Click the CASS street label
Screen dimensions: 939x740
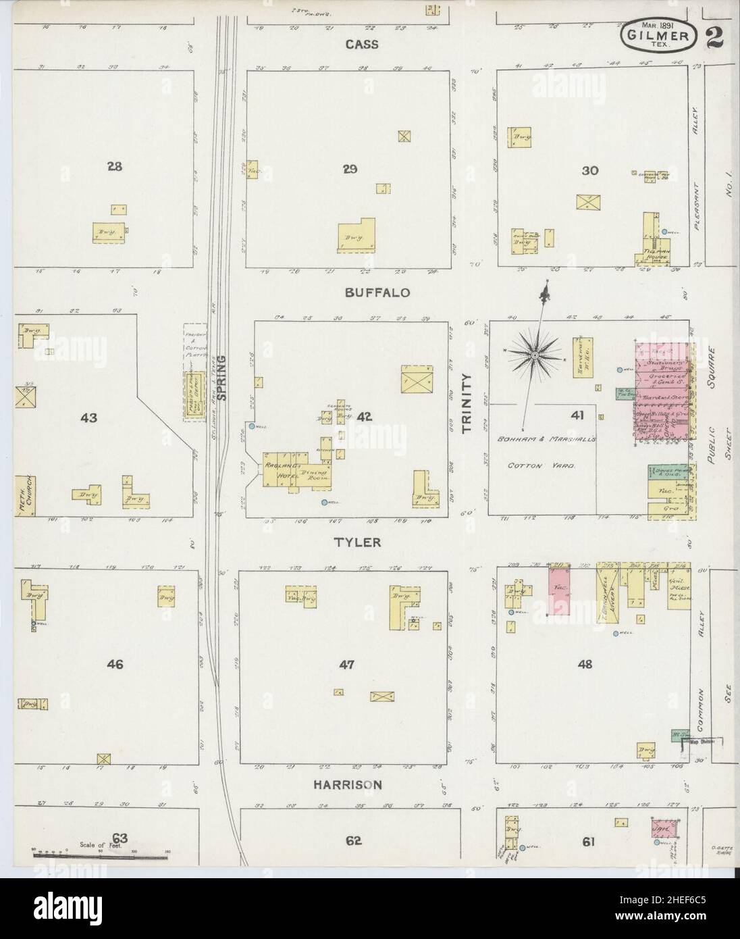pos(362,44)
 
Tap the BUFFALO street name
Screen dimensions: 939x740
pos(377,293)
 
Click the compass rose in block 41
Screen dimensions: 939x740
pos(534,354)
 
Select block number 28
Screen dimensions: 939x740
pos(113,166)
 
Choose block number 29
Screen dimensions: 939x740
pos(349,169)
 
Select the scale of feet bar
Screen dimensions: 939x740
pos(100,857)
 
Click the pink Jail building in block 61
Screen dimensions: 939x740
pos(660,828)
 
